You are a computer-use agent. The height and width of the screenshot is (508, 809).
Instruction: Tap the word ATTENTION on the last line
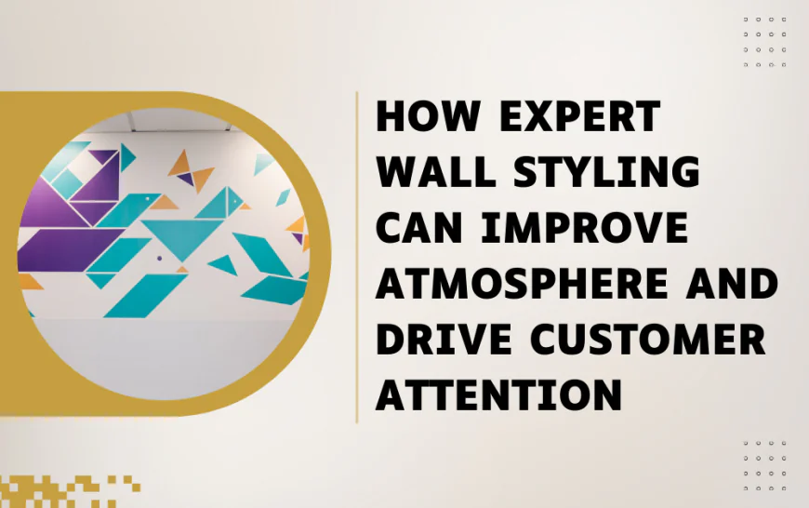497,393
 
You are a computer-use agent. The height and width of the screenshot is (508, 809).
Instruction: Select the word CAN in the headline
418,228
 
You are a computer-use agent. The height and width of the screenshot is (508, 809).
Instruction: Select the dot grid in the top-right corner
764,41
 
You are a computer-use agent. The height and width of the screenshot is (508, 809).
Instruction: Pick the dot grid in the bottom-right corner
764,465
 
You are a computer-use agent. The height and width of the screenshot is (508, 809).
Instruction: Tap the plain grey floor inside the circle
167,344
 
